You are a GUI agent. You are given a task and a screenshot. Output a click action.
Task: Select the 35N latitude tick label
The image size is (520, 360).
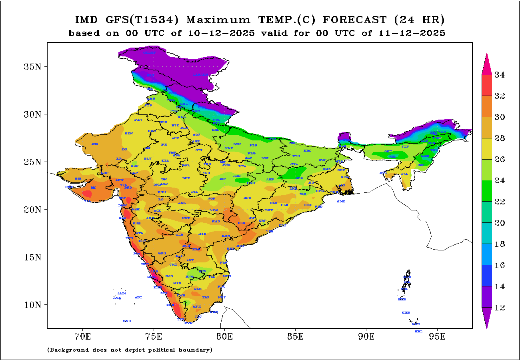[x=33, y=66]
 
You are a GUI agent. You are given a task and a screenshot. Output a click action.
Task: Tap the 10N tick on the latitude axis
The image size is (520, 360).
[x=33, y=304]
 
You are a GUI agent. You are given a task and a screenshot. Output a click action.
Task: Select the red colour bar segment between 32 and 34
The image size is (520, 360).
[x=487, y=85]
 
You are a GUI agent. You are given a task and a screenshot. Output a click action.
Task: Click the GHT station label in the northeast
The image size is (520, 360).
[x=388, y=152]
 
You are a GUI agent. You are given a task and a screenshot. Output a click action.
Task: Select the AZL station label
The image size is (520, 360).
[x=404, y=174]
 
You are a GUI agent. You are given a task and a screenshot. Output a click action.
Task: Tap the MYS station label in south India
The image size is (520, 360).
[x=177, y=283]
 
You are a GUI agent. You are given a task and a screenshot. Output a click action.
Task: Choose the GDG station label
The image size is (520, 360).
[x=162, y=253]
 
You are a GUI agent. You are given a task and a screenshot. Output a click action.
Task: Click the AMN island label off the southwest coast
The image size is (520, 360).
[x=122, y=294]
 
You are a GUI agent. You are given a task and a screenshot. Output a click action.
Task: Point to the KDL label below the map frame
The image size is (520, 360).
[x=418, y=331]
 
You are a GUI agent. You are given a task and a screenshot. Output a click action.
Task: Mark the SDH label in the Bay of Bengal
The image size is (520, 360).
[x=341, y=202]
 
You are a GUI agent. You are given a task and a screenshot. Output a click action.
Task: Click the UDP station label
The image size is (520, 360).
[x=134, y=166]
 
